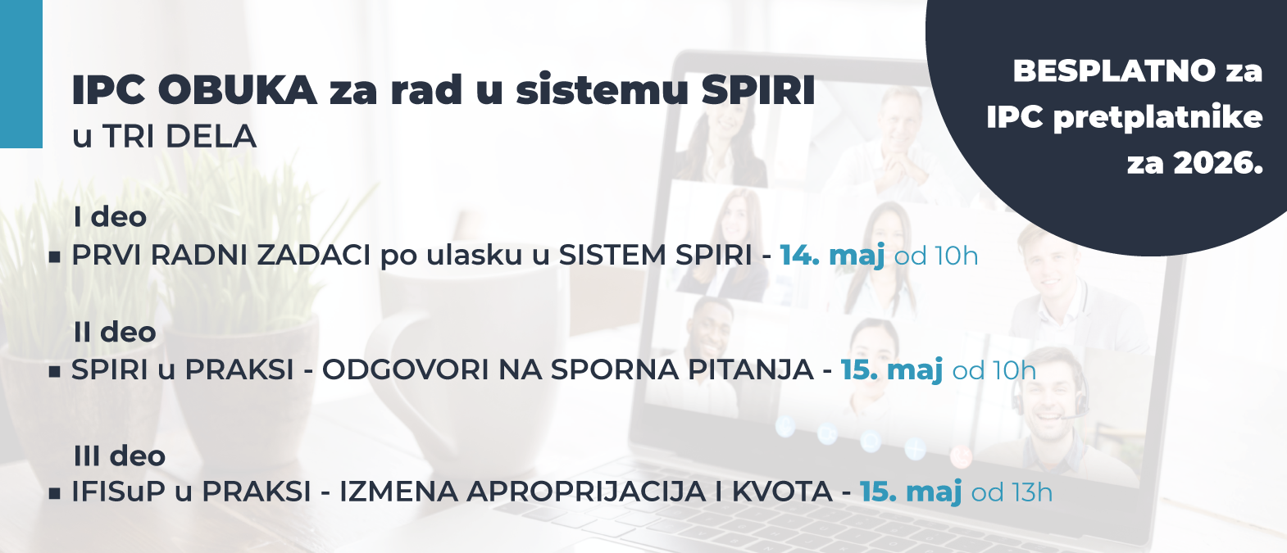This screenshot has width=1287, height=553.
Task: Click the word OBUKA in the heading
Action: click(237, 90)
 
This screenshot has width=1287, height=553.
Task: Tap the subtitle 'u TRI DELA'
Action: click(164, 137)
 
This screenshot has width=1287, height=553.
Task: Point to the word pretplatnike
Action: click(1157, 117)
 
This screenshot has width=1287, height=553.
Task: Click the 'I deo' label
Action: click(110, 217)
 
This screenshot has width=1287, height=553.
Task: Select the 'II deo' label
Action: click(114, 333)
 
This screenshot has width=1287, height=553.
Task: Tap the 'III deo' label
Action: click(119, 456)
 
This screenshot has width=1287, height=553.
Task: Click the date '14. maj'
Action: click(831, 256)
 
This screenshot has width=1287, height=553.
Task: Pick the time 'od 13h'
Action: click(1012, 492)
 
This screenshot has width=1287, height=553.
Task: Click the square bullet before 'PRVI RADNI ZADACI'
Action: click(55, 257)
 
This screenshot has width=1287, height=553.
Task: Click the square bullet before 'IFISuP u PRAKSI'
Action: click(55, 494)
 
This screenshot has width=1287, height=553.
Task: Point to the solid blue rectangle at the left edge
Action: click(20, 74)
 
